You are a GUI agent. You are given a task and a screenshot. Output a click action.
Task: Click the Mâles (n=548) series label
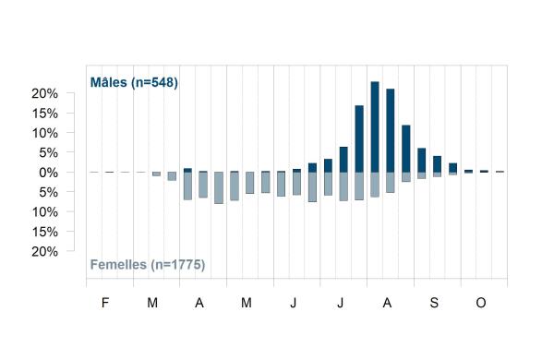(134, 82)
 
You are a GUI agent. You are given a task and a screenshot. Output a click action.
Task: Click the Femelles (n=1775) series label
(148, 265)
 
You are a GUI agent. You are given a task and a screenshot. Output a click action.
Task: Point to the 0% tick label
(48, 173)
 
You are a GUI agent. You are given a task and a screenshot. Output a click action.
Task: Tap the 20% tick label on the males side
(45, 93)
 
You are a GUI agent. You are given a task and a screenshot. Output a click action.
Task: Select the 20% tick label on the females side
(45, 252)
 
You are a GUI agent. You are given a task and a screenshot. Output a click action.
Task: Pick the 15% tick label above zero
(45, 114)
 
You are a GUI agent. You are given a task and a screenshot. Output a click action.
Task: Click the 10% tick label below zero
(45, 212)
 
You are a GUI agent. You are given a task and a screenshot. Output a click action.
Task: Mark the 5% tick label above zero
(48, 153)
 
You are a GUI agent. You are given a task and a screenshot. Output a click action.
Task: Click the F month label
(105, 303)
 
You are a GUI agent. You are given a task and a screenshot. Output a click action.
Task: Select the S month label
(434, 303)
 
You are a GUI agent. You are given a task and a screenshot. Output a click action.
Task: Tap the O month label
(481, 303)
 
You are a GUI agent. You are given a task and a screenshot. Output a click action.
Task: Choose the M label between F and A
(152, 303)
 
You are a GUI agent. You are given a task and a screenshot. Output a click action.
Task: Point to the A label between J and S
(387, 303)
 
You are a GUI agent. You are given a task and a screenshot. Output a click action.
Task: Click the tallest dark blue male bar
(375, 126)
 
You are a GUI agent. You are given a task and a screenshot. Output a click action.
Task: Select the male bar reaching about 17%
(359, 138)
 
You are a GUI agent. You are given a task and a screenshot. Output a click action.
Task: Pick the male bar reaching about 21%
(391, 130)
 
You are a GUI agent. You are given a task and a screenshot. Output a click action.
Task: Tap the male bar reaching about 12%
(406, 149)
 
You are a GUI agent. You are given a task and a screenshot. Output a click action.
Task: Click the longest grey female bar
(219, 187)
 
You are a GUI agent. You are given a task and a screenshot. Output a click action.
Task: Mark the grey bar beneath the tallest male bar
(375, 185)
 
